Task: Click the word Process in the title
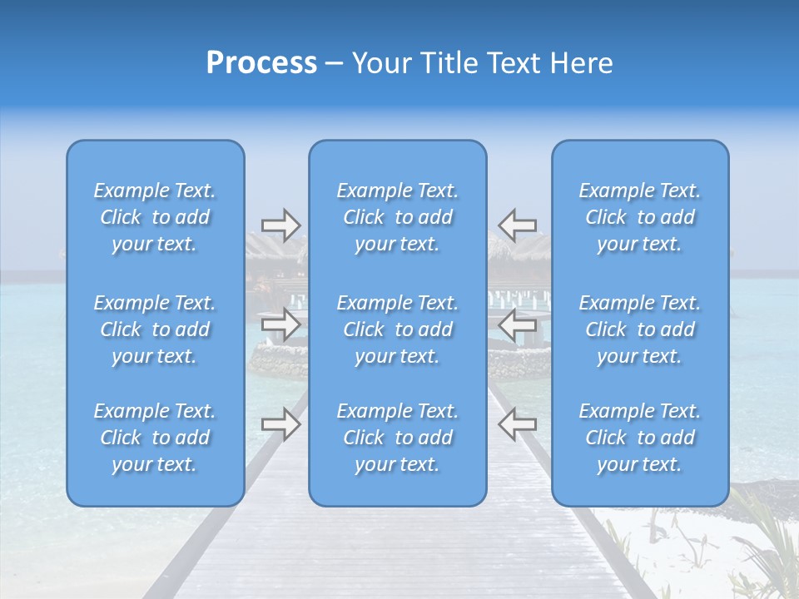(x=261, y=63)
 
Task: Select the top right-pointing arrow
(x=280, y=225)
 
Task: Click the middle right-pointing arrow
(x=280, y=324)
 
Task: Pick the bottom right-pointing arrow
(x=280, y=424)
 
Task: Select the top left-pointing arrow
(x=517, y=225)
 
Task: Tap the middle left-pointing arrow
(x=517, y=324)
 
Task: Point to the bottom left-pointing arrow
(x=517, y=424)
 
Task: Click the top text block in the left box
(x=155, y=217)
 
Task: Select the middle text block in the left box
(x=155, y=329)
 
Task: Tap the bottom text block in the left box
(x=155, y=438)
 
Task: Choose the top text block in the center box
(x=398, y=217)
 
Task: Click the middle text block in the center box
(x=398, y=329)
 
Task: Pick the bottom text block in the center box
(x=398, y=438)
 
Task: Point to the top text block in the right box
(x=640, y=217)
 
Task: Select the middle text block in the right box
(x=640, y=329)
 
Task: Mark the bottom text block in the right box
(x=640, y=438)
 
